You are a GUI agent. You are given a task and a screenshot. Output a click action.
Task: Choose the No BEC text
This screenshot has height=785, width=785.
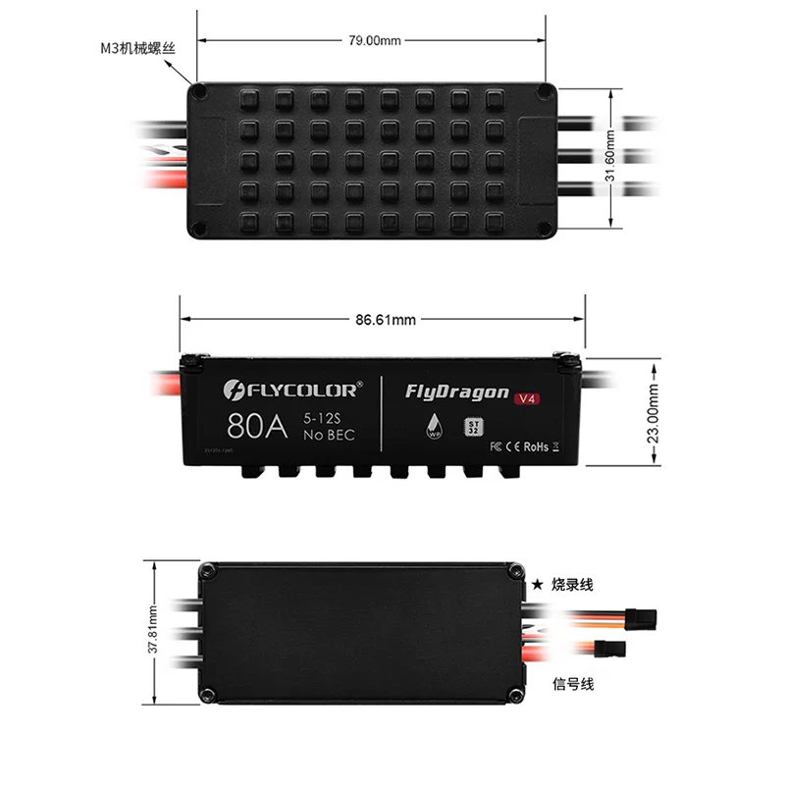[329, 435]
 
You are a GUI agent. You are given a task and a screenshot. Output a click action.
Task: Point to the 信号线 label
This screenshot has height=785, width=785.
[574, 684]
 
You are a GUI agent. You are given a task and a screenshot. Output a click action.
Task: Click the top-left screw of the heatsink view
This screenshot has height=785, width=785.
[200, 91]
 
